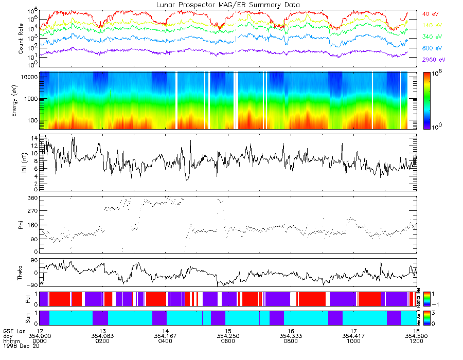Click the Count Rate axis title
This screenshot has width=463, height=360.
(22, 39)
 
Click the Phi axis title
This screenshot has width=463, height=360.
(21, 224)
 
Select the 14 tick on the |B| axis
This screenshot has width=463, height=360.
(33, 138)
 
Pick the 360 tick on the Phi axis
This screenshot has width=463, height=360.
(31, 198)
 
